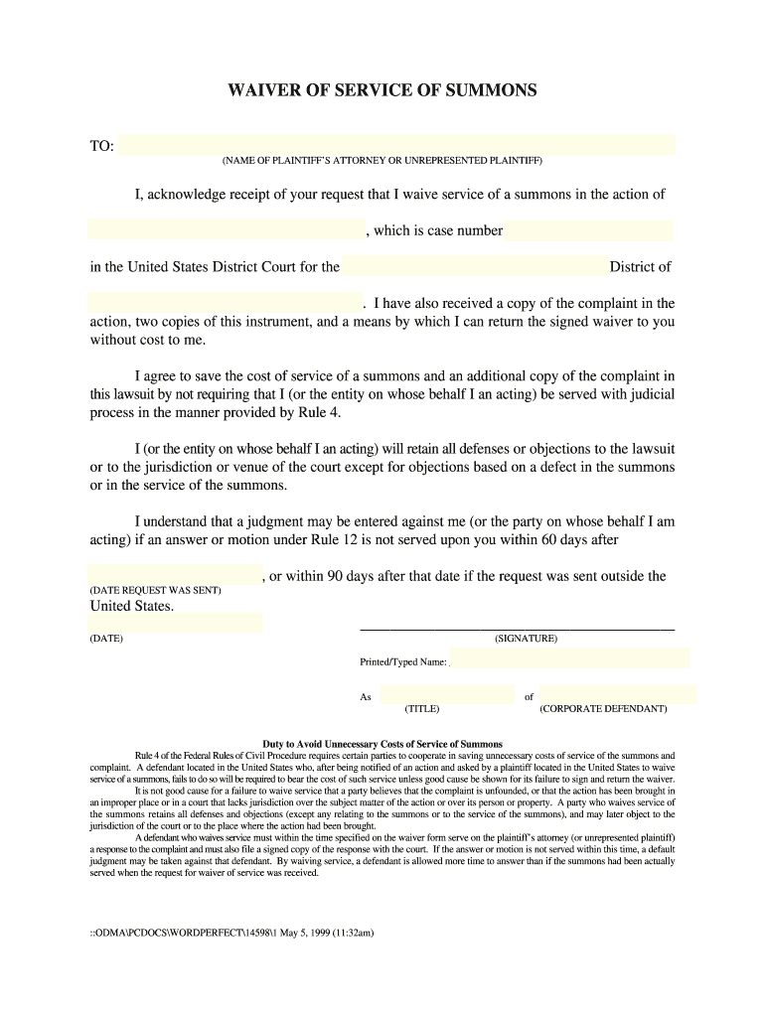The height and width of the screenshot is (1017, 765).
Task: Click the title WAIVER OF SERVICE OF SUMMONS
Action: [x=382, y=90]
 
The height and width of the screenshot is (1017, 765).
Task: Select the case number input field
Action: [x=588, y=230]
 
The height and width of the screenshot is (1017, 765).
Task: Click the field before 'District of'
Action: [x=475, y=266]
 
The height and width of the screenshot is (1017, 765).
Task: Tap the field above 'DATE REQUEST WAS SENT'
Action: [x=175, y=575]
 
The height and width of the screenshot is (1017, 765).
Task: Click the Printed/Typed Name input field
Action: [x=570, y=658]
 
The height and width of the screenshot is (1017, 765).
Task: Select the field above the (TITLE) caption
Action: [x=446, y=695]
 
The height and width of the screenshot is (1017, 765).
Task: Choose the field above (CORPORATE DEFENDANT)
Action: [x=618, y=695]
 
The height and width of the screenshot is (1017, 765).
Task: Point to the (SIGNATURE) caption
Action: [x=526, y=639]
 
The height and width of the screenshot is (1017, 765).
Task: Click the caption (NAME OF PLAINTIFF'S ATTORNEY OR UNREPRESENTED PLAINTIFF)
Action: [x=382, y=160]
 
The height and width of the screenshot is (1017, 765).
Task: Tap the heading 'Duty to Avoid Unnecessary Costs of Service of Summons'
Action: [x=382, y=744]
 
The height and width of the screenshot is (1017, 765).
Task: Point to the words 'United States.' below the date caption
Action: [x=132, y=606]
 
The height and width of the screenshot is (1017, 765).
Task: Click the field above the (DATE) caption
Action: [x=175, y=623]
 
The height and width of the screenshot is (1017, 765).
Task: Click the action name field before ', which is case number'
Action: [x=226, y=230]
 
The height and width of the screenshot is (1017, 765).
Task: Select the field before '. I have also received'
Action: [x=226, y=302]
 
